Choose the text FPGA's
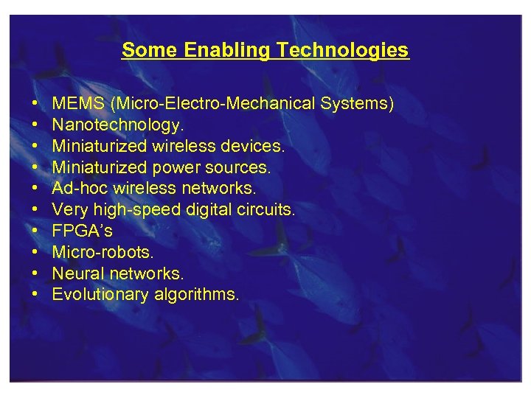pyautogui.click(x=82, y=231)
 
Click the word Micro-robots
pyautogui.click(x=103, y=252)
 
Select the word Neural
pyautogui.click(x=78, y=273)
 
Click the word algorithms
pyautogui.click(x=196, y=295)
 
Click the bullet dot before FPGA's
pyautogui.click(x=36, y=231)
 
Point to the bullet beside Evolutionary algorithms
pyautogui.click(x=36, y=295)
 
